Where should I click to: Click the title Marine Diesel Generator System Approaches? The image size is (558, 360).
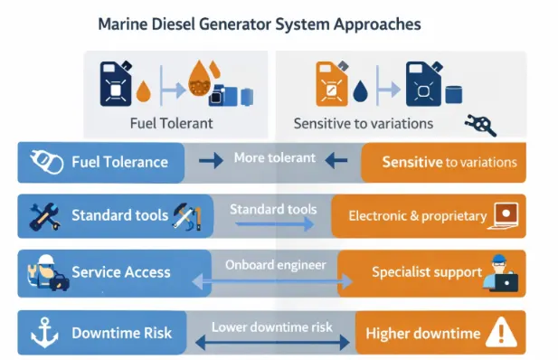259,24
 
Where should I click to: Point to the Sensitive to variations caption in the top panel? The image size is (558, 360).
363,123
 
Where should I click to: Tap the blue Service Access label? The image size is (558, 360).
121,271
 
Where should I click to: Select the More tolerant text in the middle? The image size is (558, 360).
274,157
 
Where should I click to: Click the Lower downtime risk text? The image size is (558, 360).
272,327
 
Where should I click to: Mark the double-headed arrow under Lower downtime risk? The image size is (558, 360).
272,344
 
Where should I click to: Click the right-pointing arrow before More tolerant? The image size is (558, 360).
210,161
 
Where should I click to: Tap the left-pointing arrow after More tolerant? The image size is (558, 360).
336,161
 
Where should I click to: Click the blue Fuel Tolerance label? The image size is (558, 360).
119,162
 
